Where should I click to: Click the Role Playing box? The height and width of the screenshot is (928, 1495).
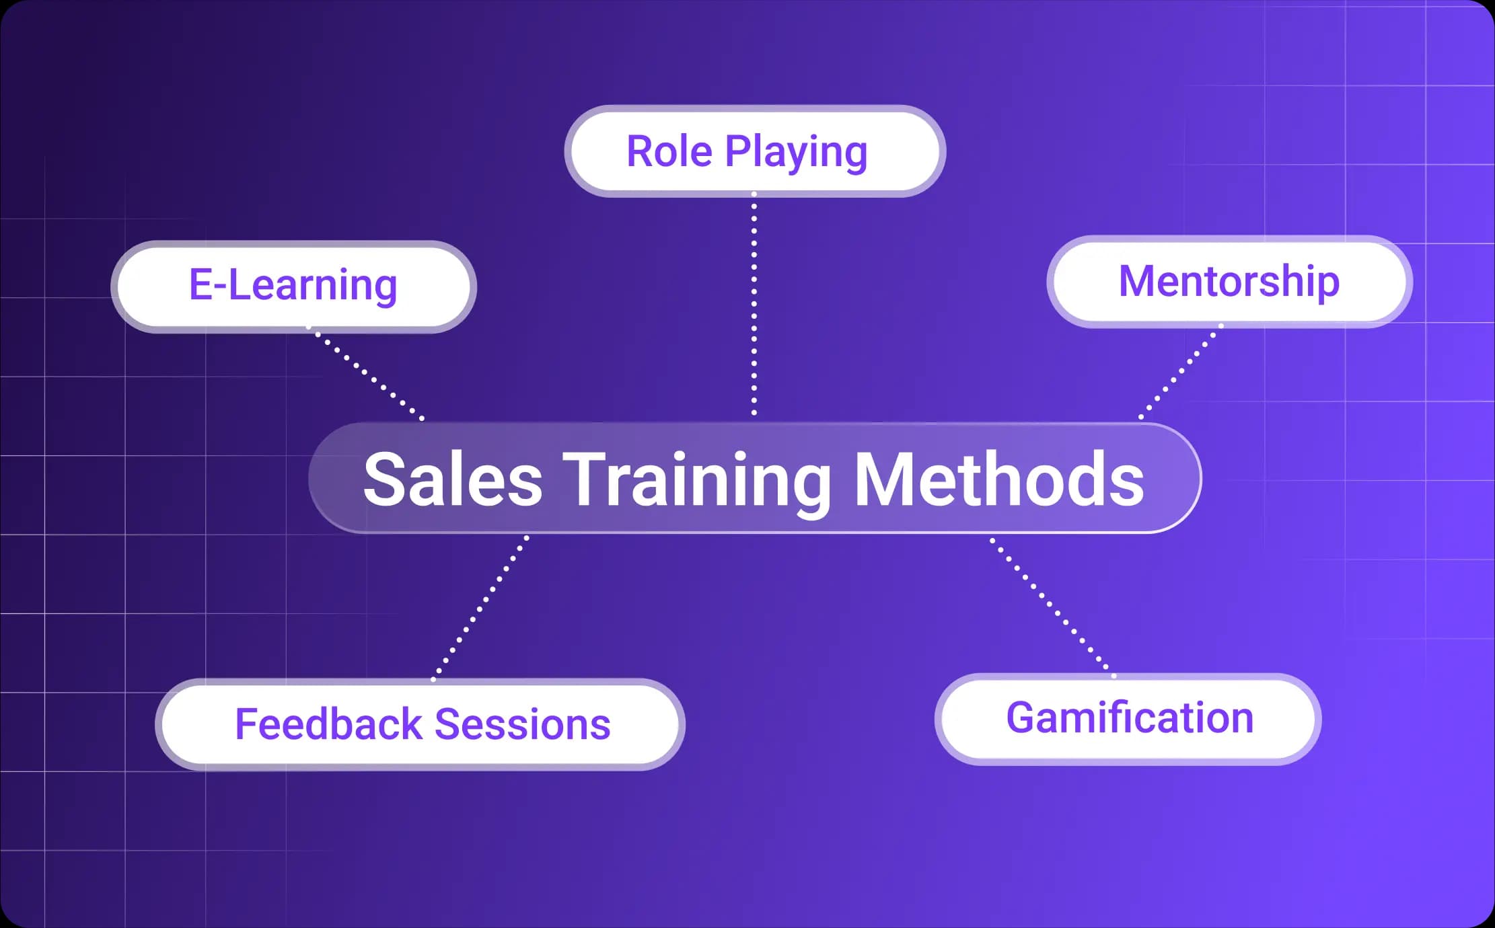pos(755,151)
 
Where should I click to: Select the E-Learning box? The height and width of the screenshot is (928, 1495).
pos(293,286)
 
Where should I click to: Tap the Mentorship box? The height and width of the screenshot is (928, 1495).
pos(1229,282)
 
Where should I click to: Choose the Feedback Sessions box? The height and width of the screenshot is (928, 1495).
pos(421,725)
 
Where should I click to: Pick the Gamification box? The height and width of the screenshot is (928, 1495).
pos(1128,719)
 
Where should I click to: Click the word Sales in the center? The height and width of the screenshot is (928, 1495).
pos(452,479)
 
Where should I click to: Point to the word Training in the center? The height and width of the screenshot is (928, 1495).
pos(697,479)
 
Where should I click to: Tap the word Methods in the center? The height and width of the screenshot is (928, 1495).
pos(999,479)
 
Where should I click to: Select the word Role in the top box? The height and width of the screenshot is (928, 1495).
pos(669,151)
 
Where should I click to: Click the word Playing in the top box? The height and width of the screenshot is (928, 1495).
pos(796,153)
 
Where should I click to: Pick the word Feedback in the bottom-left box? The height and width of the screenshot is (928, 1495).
pos(328,724)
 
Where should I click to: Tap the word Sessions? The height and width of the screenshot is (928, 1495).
pos(523,724)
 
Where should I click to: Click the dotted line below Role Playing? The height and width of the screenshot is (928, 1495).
pos(754,303)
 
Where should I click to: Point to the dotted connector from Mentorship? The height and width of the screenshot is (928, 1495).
pos(1181,371)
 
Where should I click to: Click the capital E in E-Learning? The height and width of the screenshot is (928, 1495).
pos(201,284)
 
